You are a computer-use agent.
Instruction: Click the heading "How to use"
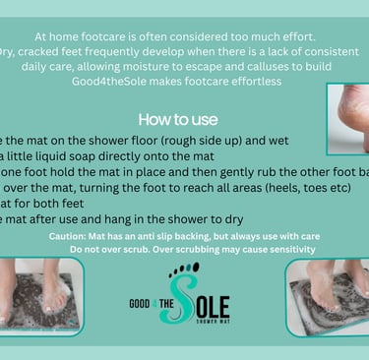(x=178, y=120)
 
